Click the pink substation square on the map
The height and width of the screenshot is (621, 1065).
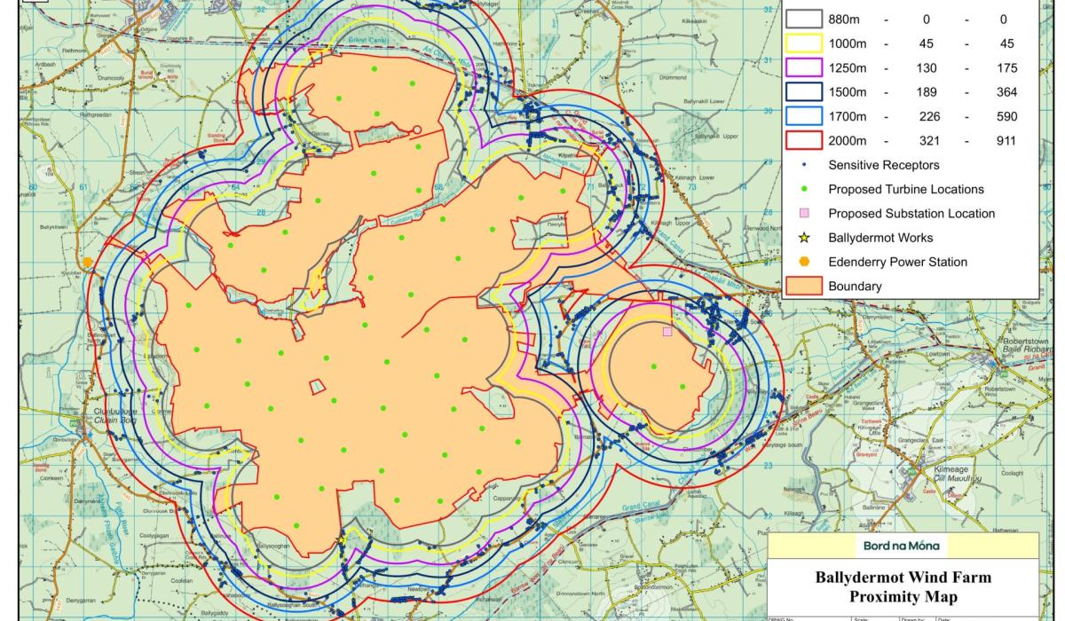coord(667,332)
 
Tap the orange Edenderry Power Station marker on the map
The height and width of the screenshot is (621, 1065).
coord(89,262)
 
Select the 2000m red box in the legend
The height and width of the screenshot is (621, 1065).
coord(804,140)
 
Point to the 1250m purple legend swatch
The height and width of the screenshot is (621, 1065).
coord(804,67)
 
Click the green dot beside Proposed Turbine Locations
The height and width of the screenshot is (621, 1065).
coord(804,189)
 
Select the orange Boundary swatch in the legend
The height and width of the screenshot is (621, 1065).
coord(804,286)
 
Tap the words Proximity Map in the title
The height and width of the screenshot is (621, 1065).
coord(903,595)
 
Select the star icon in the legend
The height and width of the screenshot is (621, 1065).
coord(804,238)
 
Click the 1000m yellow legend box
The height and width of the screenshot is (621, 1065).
coord(804,43)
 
